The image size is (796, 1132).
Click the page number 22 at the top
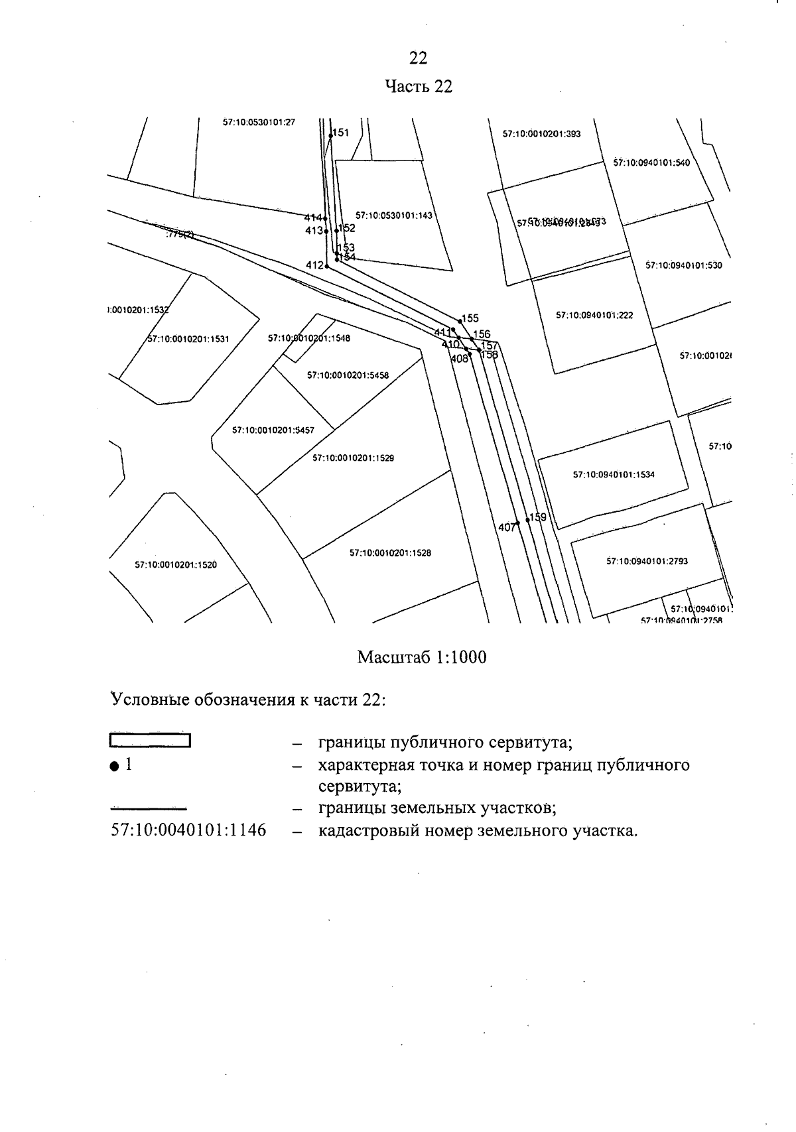click(x=418, y=58)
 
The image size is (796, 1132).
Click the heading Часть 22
click(x=419, y=87)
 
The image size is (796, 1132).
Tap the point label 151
click(x=340, y=133)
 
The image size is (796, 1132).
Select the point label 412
click(x=314, y=265)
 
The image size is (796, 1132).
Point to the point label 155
click(x=470, y=318)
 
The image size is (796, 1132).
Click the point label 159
click(x=537, y=517)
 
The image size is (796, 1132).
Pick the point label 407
click(x=506, y=527)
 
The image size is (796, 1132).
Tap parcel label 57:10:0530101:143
click(x=393, y=216)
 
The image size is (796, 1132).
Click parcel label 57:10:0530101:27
click(x=259, y=123)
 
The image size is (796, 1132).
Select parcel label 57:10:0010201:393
click(x=541, y=134)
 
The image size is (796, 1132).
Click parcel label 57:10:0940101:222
click(x=594, y=315)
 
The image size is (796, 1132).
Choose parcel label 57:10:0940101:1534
click(x=614, y=475)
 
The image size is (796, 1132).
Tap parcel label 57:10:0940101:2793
click(x=647, y=561)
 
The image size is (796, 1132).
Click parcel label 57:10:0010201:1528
click(x=390, y=552)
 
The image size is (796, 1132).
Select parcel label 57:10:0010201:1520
click(x=176, y=565)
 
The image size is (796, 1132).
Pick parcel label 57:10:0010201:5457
click(x=273, y=430)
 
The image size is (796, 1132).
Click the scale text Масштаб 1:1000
click(x=421, y=657)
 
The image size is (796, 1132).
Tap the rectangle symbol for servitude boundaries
click(x=151, y=740)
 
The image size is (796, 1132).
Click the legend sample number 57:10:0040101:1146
click(x=188, y=830)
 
